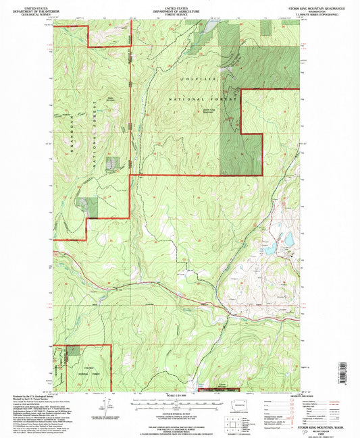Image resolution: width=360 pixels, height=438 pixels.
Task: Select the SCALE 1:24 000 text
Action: [180, 396]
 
